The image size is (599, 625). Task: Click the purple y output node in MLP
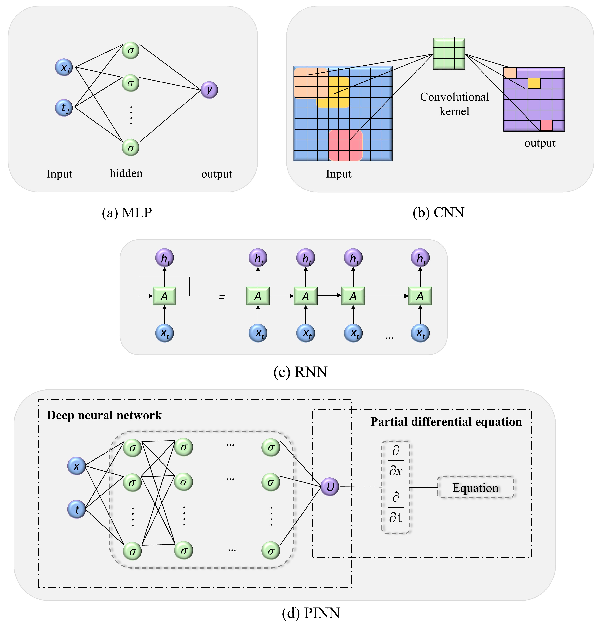click(x=209, y=90)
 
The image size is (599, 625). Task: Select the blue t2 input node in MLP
click(x=64, y=108)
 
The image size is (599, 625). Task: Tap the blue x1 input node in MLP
click(x=64, y=67)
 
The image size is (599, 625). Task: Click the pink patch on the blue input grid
click(x=345, y=145)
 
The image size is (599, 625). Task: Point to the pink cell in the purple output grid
click(x=546, y=125)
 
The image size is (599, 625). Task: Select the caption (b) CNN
click(x=438, y=212)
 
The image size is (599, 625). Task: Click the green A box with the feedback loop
click(x=164, y=296)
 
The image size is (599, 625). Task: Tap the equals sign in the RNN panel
click(x=222, y=297)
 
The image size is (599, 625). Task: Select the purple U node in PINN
click(x=330, y=487)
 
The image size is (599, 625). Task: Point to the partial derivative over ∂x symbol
click(x=396, y=461)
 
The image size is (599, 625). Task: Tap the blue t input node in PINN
click(x=77, y=509)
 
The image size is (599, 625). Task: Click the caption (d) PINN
click(x=311, y=613)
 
